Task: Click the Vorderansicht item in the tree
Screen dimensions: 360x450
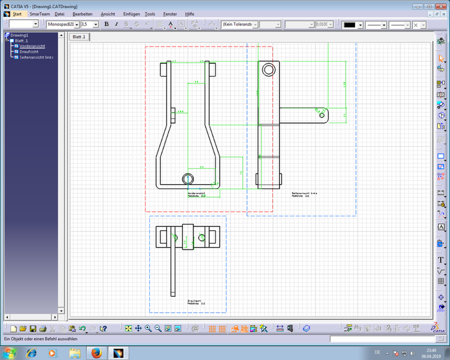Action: pyautogui.click(x=32, y=46)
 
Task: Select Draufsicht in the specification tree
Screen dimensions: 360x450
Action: pyautogui.click(x=29, y=52)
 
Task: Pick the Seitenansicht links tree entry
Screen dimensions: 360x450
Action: pyautogui.click(x=36, y=57)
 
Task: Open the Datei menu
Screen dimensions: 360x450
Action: pyautogui.click(x=60, y=14)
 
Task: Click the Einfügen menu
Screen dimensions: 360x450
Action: pyautogui.click(x=131, y=14)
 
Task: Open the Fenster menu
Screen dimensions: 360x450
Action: pyautogui.click(x=170, y=14)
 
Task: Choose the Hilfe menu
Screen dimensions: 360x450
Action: pyautogui.click(x=189, y=14)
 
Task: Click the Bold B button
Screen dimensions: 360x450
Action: pyautogui.click(x=106, y=24)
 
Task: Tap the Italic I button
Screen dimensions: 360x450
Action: pyautogui.click(x=116, y=24)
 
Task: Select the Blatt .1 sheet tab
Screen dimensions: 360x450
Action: pyautogui.click(x=79, y=37)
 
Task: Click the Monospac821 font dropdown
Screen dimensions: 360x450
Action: pyautogui.click(x=63, y=24)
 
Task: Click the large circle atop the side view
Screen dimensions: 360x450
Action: pyautogui.click(x=269, y=70)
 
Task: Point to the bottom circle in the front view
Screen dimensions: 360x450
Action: pyautogui.click(x=187, y=179)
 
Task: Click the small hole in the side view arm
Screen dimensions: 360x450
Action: pyautogui.click(x=322, y=114)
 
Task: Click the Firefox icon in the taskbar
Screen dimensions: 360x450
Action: pyautogui.click(x=97, y=352)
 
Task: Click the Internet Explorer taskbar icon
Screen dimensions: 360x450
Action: pyautogui.click(x=31, y=352)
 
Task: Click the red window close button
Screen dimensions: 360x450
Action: pyautogui.click(x=440, y=7)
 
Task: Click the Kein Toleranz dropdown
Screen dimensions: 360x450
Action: pyautogui.click(x=239, y=24)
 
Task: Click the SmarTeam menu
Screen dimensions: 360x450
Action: pyautogui.click(x=39, y=14)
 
